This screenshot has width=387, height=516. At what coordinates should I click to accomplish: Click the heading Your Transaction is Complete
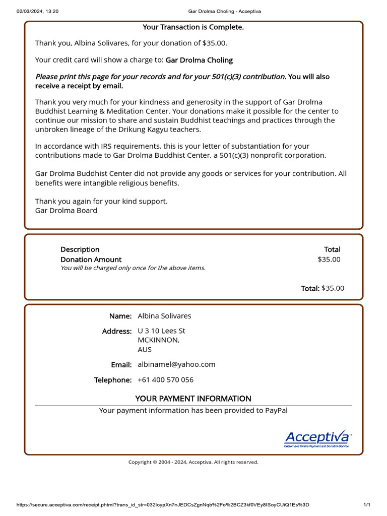click(193, 27)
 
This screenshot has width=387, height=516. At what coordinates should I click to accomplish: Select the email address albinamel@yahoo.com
click(176, 364)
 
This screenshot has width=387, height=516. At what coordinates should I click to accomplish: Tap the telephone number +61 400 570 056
click(165, 380)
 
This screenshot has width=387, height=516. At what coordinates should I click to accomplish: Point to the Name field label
click(120, 316)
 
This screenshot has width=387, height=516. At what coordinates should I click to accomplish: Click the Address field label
click(116, 331)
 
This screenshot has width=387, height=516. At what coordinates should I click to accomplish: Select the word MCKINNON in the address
click(158, 340)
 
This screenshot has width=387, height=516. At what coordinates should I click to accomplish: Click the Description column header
click(80, 249)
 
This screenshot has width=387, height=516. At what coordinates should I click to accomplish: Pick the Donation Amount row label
click(91, 260)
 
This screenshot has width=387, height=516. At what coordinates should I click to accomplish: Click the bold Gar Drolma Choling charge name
click(199, 60)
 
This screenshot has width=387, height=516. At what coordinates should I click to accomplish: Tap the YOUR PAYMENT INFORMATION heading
click(193, 399)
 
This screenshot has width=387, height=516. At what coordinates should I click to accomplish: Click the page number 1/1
click(367, 505)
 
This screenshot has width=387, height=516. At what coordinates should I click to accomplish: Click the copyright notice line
click(193, 462)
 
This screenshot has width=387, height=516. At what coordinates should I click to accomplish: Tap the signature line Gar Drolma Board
click(66, 211)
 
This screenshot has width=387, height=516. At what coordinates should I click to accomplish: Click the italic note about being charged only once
click(133, 268)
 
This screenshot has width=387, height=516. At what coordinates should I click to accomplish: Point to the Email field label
click(121, 364)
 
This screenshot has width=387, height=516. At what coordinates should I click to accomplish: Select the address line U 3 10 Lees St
click(161, 331)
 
